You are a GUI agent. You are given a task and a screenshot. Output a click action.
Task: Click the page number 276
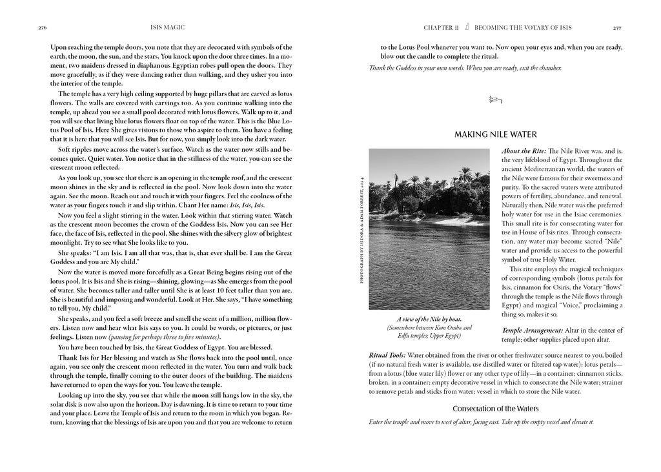click(43, 28)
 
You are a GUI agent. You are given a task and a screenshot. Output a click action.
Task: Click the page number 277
click(618, 28)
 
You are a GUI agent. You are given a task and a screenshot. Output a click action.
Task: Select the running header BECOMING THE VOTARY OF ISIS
click(523, 28)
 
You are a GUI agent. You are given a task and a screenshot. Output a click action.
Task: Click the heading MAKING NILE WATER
click(496, 134)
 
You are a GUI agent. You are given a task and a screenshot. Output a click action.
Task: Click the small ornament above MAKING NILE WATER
click(495, 99)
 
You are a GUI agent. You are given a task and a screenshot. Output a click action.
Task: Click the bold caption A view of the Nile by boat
click(432, 319)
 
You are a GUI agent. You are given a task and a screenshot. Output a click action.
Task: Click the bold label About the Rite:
click(523, 150)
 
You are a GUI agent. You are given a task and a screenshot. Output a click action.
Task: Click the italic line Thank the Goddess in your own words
click(465, 68)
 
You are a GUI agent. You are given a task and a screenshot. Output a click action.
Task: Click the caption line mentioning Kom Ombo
click(431, 328)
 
